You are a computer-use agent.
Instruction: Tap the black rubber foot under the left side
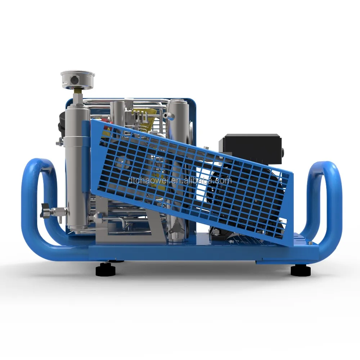[106, 270]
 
